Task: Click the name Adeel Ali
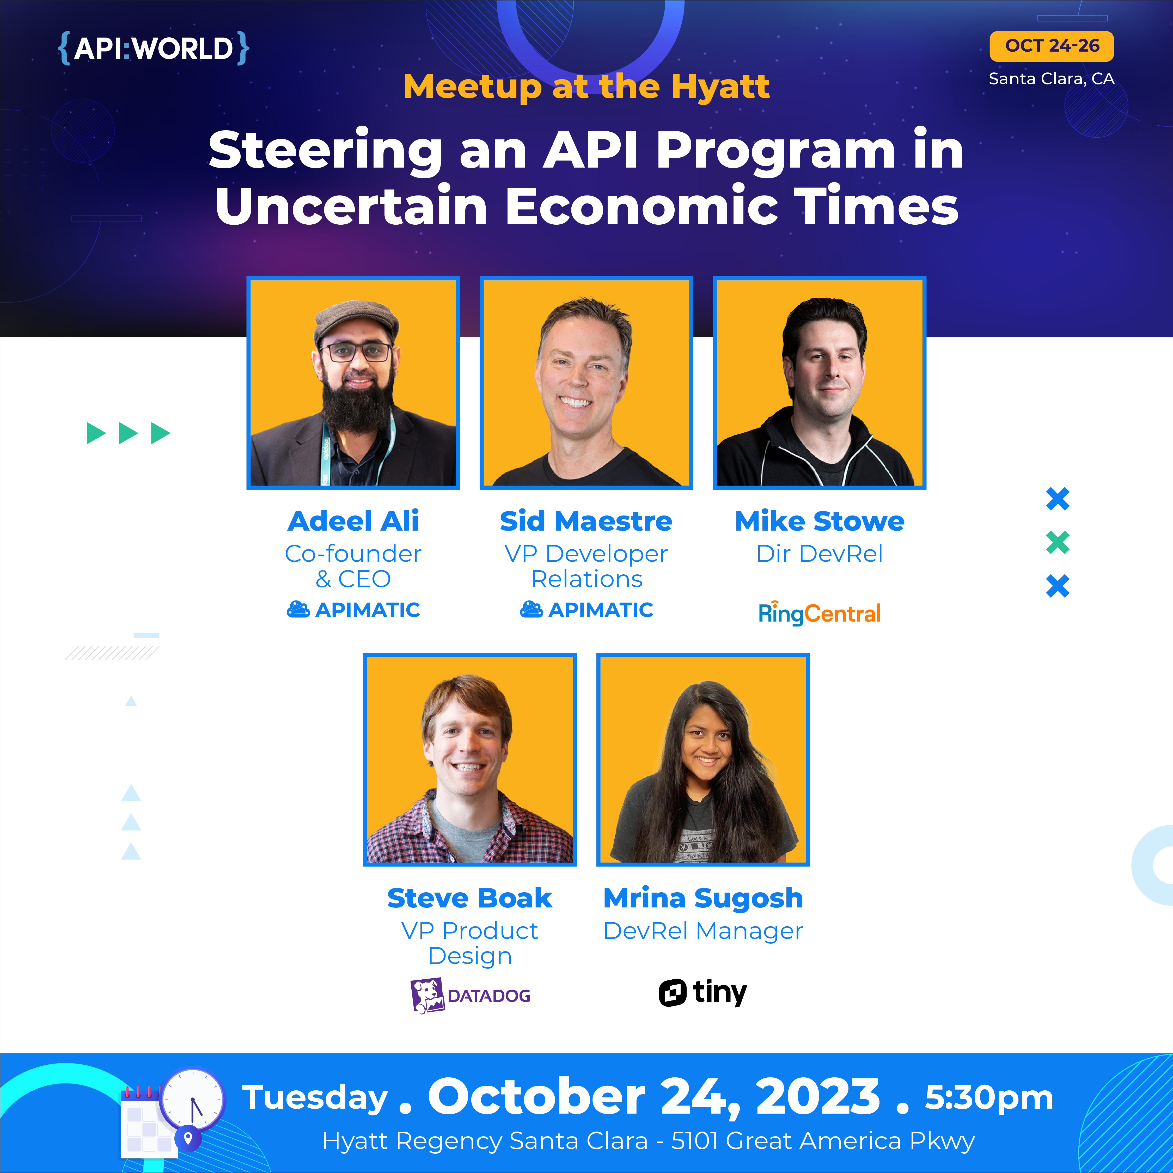[x=353, y=521]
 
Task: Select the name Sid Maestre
[x=586, y=521]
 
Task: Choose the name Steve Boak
[x=469, y=898]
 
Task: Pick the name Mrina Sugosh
[x=703, y=898]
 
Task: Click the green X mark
[x=1058, y=542]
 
